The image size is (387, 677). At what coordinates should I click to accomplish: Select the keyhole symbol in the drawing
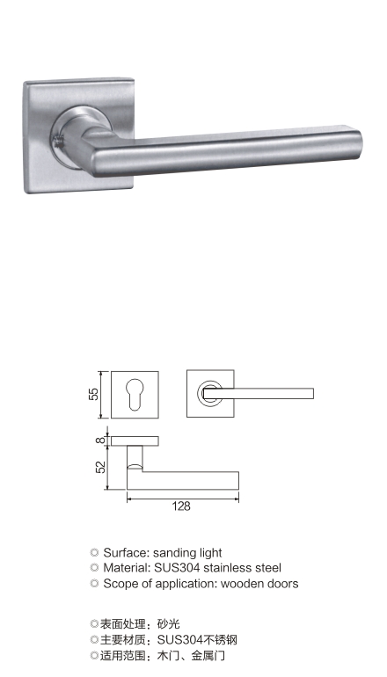coord(135,394)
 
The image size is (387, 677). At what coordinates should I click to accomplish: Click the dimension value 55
coord(94,394)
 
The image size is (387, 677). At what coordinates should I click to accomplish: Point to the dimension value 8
coord(101,440)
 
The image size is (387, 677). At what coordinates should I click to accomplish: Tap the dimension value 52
coord(100,467)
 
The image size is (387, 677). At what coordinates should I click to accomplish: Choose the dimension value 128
coord(181,506)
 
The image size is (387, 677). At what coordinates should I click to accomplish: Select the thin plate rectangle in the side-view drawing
coord(135,440)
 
